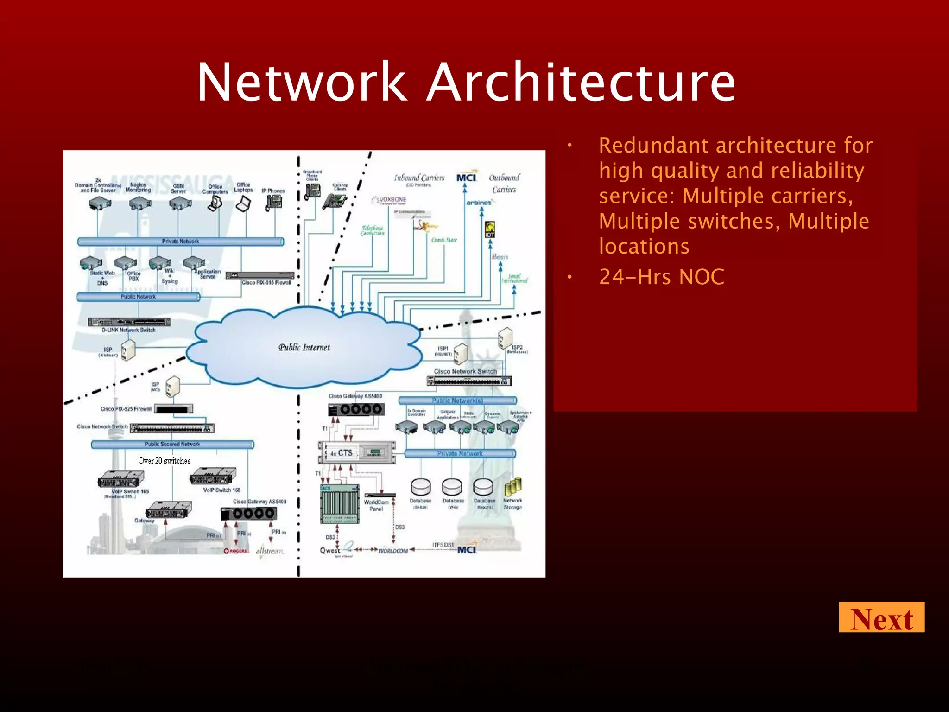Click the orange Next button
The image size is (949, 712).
click(x=881, y=617)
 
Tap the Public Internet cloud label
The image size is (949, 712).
click(x=304, y=347)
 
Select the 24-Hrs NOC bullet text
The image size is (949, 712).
click(x=661, y=277)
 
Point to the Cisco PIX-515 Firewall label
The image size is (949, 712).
click(x=266, y=282)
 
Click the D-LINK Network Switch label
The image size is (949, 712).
click(x=129, y=330)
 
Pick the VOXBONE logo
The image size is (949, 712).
click(x=390, y=200)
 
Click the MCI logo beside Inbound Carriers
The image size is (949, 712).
click(x=466, y=178)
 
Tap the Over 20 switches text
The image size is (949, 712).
click(x=164, y=461)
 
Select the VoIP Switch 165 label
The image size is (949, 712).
click(x=130, y=491)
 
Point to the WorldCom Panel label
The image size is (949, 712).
click(x=376, y=505)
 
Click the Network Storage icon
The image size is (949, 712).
click(x=513, y=486)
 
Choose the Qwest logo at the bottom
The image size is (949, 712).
click(x=330, y=550)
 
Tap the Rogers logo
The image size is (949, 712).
click(x=235, y=551)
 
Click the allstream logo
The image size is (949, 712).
click(x=270, y=551)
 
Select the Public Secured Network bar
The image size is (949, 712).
click(x=172, y=444)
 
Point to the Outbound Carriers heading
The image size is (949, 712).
click(x=504, y=184)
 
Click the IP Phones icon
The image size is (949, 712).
click(x=274, y=202)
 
